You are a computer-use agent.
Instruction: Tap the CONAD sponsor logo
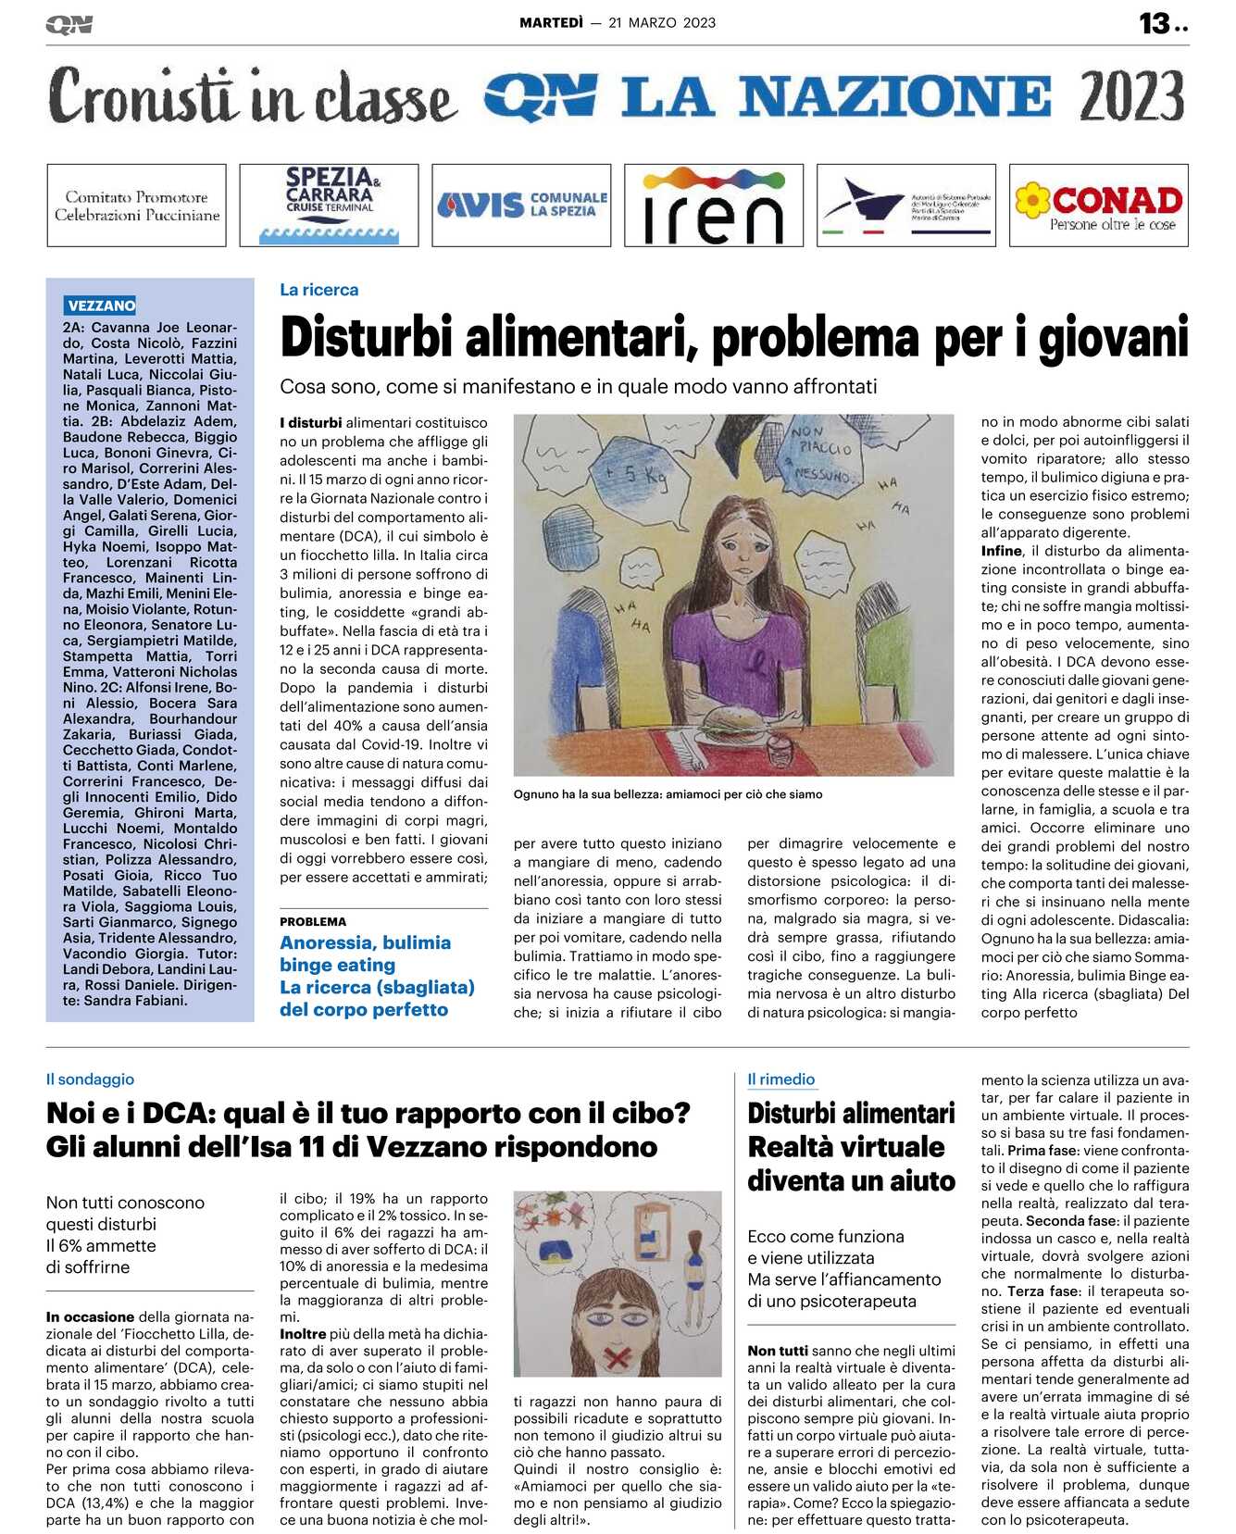point(1098,206)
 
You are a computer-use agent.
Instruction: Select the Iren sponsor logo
point(713,206)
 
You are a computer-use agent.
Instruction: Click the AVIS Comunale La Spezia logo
point(521,205)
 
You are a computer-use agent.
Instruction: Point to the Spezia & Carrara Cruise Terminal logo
point(329,205)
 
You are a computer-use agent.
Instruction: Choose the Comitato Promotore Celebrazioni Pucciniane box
point(136,206)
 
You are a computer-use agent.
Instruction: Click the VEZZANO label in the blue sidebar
point(101,306)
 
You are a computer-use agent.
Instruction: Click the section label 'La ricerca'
point(318,290)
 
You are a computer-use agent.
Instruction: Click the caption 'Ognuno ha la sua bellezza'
point(667,794)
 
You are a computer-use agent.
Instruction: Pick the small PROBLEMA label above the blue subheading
point(313,922)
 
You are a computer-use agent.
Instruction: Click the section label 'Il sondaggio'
point(90,1079)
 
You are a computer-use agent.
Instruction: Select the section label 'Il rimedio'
point(780,1079)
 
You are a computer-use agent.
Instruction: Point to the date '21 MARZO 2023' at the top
point(662,23)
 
